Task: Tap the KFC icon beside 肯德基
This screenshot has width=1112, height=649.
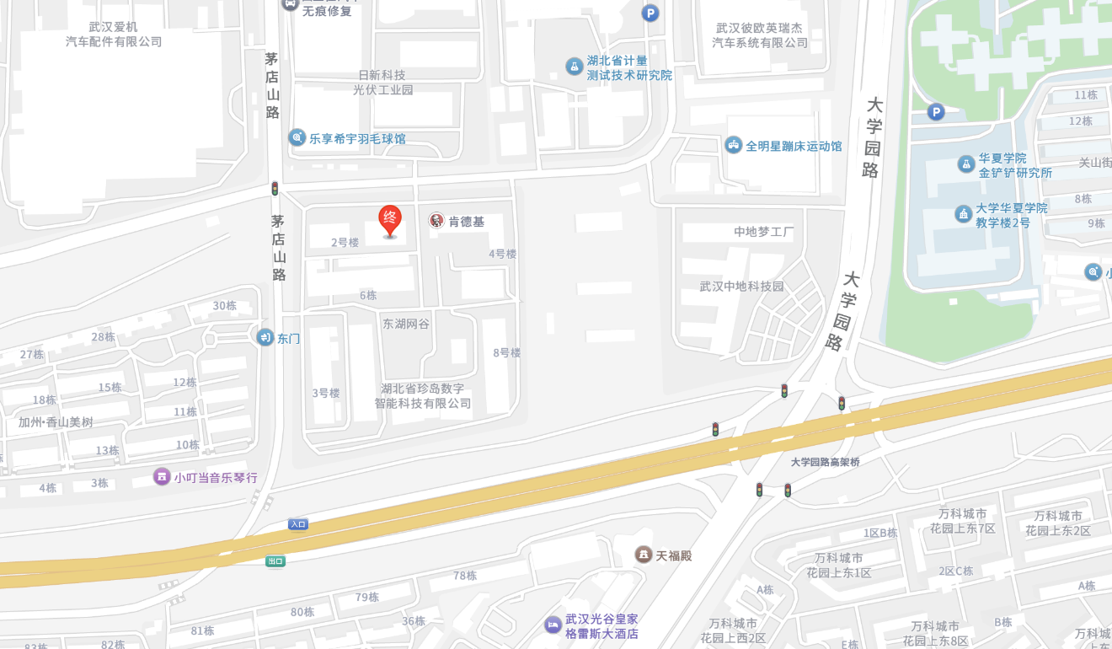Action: click(x=436, y=221)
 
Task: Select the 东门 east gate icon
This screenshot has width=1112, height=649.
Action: click(x=265, y=337)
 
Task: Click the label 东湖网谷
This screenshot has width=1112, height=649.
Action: click(x=406, y=324)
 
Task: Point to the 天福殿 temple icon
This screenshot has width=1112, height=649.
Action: click(x=644, y=555)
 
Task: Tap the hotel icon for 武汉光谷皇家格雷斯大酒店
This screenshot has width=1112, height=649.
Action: click(x=553, y=625)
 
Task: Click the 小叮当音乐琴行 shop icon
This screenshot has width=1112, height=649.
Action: click(x=162, y=477)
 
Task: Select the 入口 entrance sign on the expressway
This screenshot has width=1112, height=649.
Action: click(x=298, y=524)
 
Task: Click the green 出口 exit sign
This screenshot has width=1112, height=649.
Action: click(x=275, y=561)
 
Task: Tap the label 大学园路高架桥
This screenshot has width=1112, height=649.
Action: click(x=826, y=462)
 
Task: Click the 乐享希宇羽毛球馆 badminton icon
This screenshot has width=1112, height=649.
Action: click(x=297, y=137)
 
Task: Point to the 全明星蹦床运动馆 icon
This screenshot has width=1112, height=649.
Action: click(x=734, y=145)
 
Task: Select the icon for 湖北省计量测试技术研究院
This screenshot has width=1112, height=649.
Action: click(x=575, y=66)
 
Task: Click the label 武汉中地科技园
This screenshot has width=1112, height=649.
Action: click(x=741, y=287)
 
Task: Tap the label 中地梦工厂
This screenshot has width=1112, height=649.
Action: click(x=763, y=232)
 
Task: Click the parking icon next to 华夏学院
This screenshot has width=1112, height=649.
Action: click(x=936, y=111)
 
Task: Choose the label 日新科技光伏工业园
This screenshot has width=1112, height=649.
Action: click(x=382, y=82)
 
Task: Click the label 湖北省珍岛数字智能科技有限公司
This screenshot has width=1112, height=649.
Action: click(x=423, y=396)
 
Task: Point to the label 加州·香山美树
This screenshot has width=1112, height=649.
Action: click(x=56, y=422)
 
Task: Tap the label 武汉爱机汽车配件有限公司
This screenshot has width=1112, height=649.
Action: click(x=114, y=34)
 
